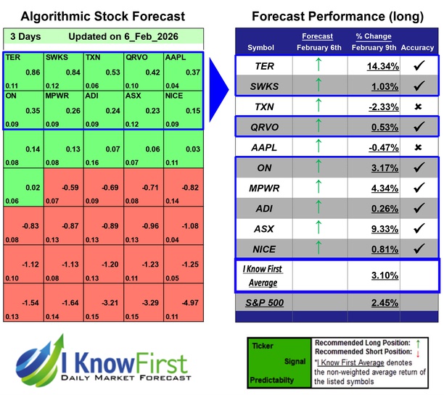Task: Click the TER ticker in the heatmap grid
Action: tap(12, 56)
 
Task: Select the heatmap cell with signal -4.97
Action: tap(183, 301)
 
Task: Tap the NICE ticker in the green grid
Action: tap(175, 94)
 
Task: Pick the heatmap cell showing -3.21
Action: tap(103, 301)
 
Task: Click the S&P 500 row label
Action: tap(266, 302)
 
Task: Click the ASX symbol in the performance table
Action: tap(266, 228)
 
